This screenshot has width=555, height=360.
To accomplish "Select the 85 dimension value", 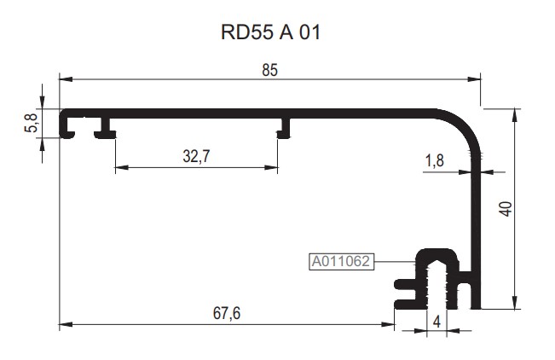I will click(x=269, y=71).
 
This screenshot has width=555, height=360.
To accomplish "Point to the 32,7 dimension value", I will click(x=196, y=155).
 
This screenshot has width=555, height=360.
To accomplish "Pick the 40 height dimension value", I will click(x=505, y=208).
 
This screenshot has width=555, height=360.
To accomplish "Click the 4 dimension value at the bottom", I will click(x=436, y=322).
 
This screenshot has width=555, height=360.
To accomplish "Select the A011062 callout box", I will click(x=340, y=262).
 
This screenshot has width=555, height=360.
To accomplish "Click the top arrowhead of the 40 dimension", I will click(x=514, y=113).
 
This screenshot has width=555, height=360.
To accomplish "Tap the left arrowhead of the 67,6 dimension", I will click(x=64, y=325).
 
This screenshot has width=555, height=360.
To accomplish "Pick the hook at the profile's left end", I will click(x=66, y=125).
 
